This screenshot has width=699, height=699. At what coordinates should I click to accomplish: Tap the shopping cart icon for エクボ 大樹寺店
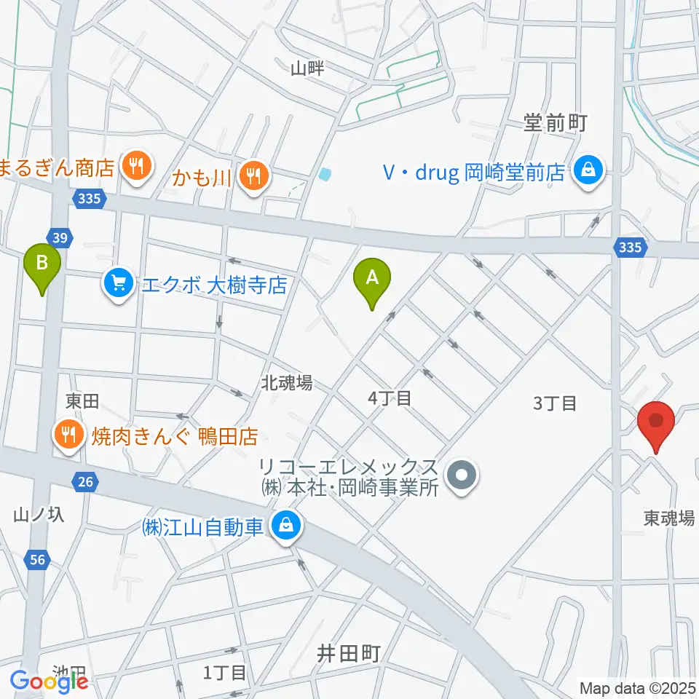(x=118, y=283)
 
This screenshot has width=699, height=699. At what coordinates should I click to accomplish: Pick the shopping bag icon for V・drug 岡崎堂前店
(x=586, y=171)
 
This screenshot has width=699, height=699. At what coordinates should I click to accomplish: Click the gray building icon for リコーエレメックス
(x=461, y=478)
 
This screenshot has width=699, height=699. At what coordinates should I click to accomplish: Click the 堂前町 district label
(x=555, y=124)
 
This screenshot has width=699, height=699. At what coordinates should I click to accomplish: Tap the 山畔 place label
(x=307, y=69)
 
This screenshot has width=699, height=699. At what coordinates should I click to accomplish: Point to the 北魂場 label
(x=288, y=382)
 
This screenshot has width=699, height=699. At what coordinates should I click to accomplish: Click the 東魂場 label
(x=668, y=518)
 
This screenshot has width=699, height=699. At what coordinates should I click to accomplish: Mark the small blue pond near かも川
(x=324, y=174)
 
